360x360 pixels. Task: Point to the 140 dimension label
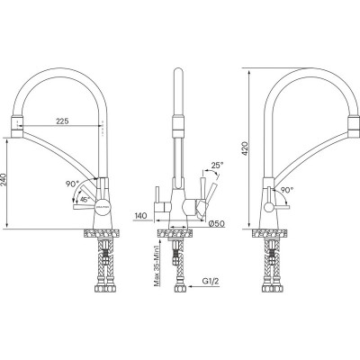pyautogui.click(x=140, y=217)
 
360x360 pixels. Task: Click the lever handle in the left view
pyautogui.click(x=84, y=208)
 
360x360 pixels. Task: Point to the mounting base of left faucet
pyautogui.click(x=103, y=233)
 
